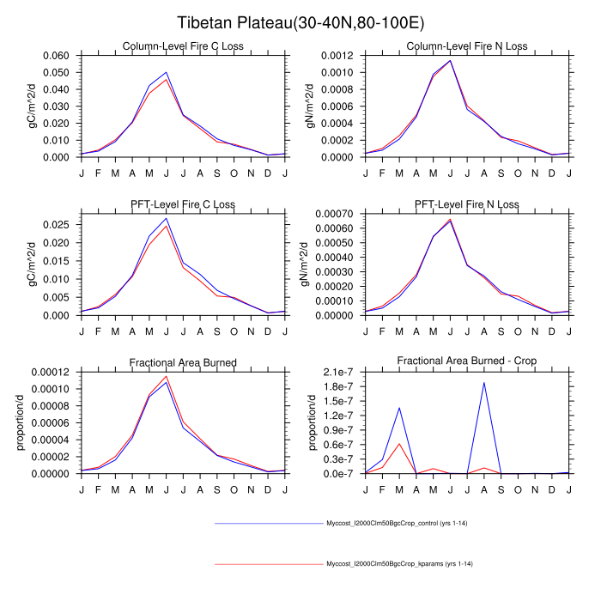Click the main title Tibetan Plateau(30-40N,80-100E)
(x=300, y=22)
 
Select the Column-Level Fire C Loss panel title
(x=183, y=46)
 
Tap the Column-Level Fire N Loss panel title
(x=467, y=46)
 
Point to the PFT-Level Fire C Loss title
(x=183, y=204)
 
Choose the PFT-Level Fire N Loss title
(x=467, y=204)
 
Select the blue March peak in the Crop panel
(x=400, y=408)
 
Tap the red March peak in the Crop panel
(x=400, y=444)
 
